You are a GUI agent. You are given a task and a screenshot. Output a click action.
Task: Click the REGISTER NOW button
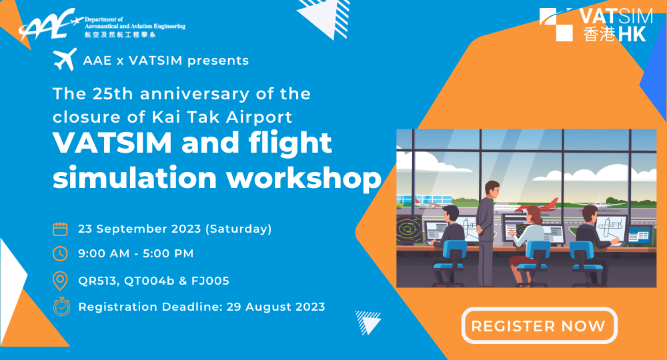[539, 326]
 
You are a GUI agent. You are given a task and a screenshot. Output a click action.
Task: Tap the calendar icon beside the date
[60, 229]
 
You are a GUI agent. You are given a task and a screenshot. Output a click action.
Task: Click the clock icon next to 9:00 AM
[60, 254]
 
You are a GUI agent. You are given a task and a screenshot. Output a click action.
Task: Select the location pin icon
[60, 281]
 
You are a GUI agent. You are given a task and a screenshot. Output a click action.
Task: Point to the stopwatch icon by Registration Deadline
[60, 307]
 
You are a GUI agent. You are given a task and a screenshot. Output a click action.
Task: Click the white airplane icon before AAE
[64, 60]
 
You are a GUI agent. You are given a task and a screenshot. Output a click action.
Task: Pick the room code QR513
[97, 281]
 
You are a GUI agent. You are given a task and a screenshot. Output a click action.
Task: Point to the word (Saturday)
[238, 229]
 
